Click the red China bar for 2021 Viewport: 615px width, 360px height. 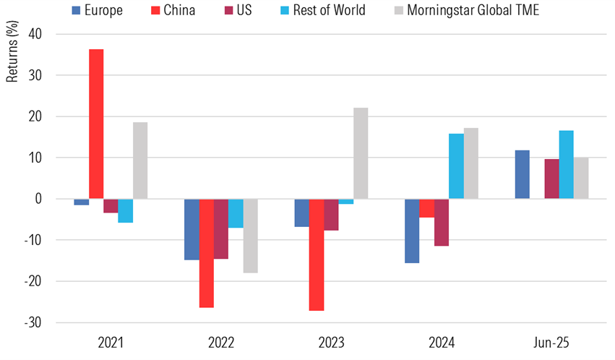(x=96, y=124)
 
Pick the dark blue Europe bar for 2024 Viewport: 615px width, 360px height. (x=412, y=231)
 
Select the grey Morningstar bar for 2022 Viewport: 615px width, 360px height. (x=251, y=236)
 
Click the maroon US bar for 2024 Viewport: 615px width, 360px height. (x=442, y=222)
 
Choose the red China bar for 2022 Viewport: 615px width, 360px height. (x=207, y=253)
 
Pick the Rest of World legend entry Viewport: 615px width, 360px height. (x=324, y=10)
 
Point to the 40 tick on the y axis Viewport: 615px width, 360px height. (x=35, y=34)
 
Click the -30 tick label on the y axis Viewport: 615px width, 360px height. (x=33, y=322)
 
